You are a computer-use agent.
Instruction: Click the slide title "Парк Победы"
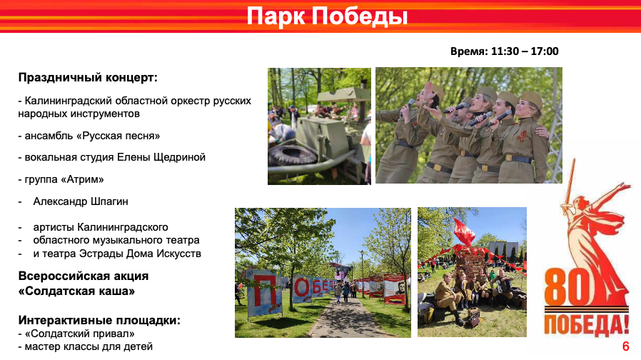[x=327, y=16]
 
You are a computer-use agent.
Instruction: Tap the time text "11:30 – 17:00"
[x=525, y=51]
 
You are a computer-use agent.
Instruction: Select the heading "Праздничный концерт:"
[x=88, y=78]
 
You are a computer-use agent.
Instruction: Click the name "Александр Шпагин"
[x=81, y=201]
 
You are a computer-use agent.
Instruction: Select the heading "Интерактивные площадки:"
[x=99, y=320]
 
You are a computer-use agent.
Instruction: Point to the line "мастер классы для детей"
[x=89, y=346]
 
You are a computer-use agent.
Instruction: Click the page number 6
[x=625, y=346]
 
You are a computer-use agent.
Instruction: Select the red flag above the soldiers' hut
[x=465, y=231]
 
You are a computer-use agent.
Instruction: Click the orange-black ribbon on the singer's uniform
[x=521, y=136]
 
